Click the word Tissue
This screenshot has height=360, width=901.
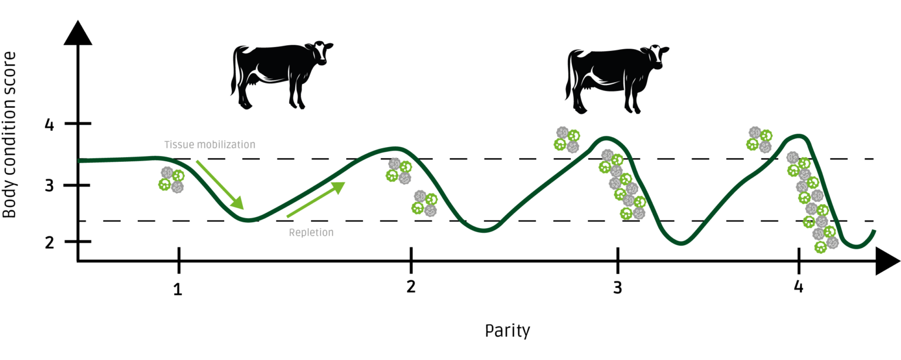tap(175, 144)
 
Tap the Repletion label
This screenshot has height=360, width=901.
tap(311, 233)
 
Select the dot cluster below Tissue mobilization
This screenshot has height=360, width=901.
tap(171, 179)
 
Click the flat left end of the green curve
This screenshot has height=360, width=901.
tap(82, 160)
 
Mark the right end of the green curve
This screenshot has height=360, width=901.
tap(875, 231)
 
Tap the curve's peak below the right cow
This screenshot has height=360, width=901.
tap(607, 138)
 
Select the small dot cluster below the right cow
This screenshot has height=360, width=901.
tap(567, 140)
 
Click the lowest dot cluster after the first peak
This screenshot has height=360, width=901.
tap(425, 203)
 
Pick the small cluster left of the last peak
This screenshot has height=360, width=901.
tap(759, 139)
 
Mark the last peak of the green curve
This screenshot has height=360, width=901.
tap(798, 136)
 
